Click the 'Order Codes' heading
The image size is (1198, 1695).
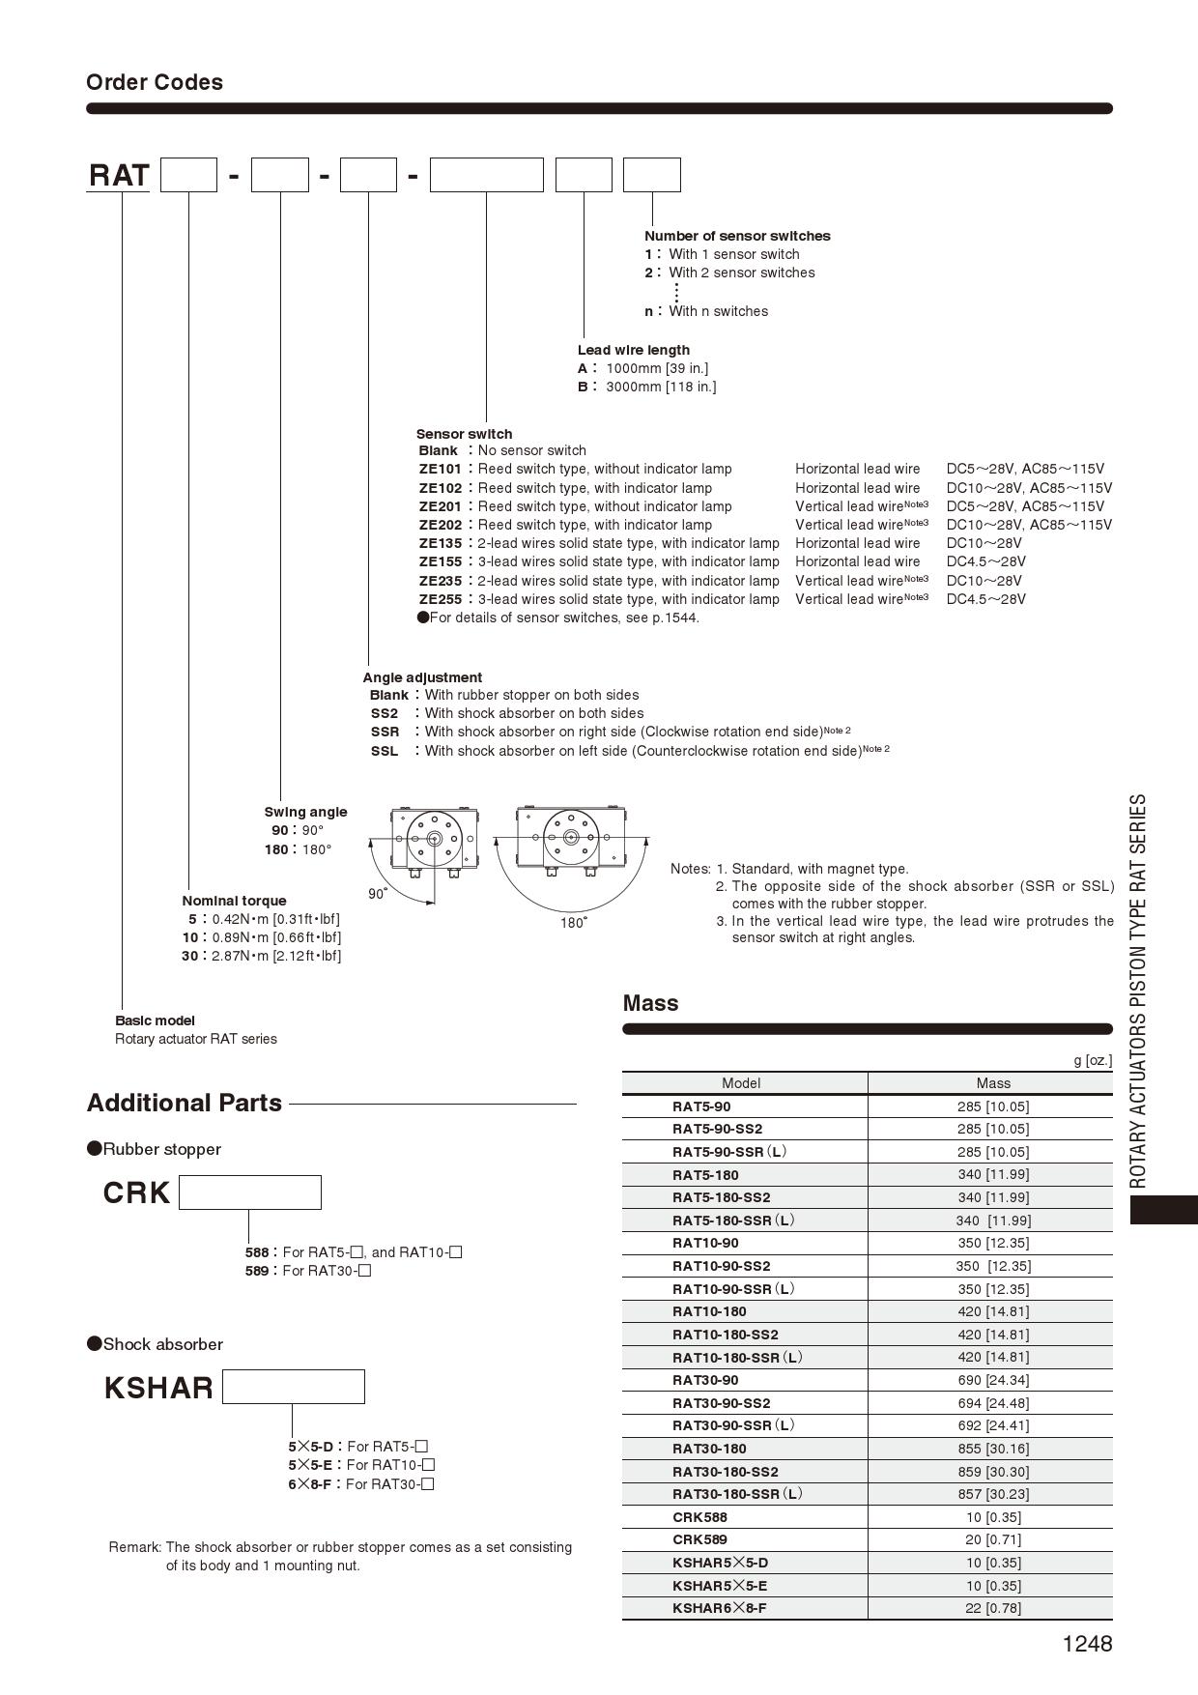(x=155, y=82)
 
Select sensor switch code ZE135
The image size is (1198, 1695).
(x=441, y=543)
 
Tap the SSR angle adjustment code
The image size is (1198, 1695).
(x=385, y=732)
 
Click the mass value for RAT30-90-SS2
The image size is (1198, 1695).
(x=992, y=1403)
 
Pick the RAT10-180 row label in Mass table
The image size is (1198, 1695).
(x=709, y=1311)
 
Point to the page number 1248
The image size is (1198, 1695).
(x=1087, y=1644)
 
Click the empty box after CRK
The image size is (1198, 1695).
(x=250, y=1192)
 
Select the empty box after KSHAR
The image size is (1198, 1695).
(x=294, y=1387)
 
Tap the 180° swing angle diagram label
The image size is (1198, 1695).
(x=574, y=923)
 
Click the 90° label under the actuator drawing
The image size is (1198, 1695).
(x=378, y=894)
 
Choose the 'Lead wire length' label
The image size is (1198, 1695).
(x=634, y=350)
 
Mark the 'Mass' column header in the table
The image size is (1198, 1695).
(x=992, y=1083)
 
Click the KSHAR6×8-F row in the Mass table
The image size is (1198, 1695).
(x=720, y=1608)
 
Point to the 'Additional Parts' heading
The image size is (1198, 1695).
(x=185, y=1103)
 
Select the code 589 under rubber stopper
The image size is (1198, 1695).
(x=257, y=1271)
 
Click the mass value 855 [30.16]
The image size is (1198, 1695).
(x=992, y=1449)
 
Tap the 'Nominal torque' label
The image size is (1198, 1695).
(x=234, y=901)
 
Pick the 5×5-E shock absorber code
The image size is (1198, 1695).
(x=310, y=1465)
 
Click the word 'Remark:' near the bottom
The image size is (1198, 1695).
(x=134, y=1547)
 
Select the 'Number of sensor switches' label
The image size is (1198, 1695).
(x=737, y=236)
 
